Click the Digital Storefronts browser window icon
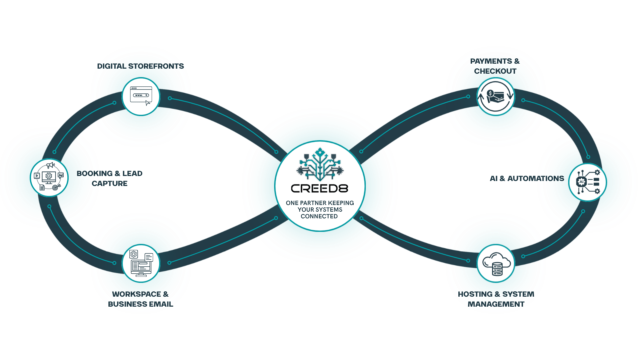point(141,96)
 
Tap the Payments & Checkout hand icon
point(496,97)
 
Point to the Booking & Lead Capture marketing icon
point(49,177)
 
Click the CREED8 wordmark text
point(320,189)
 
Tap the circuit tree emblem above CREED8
point(320,164)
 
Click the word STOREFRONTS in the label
point(156,66)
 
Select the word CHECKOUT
point(495,71)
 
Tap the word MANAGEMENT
point(496,304)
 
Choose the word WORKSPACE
point(137,294)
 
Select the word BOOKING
point(95,173)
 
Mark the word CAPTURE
point(110,183)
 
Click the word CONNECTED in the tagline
point(319,216)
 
